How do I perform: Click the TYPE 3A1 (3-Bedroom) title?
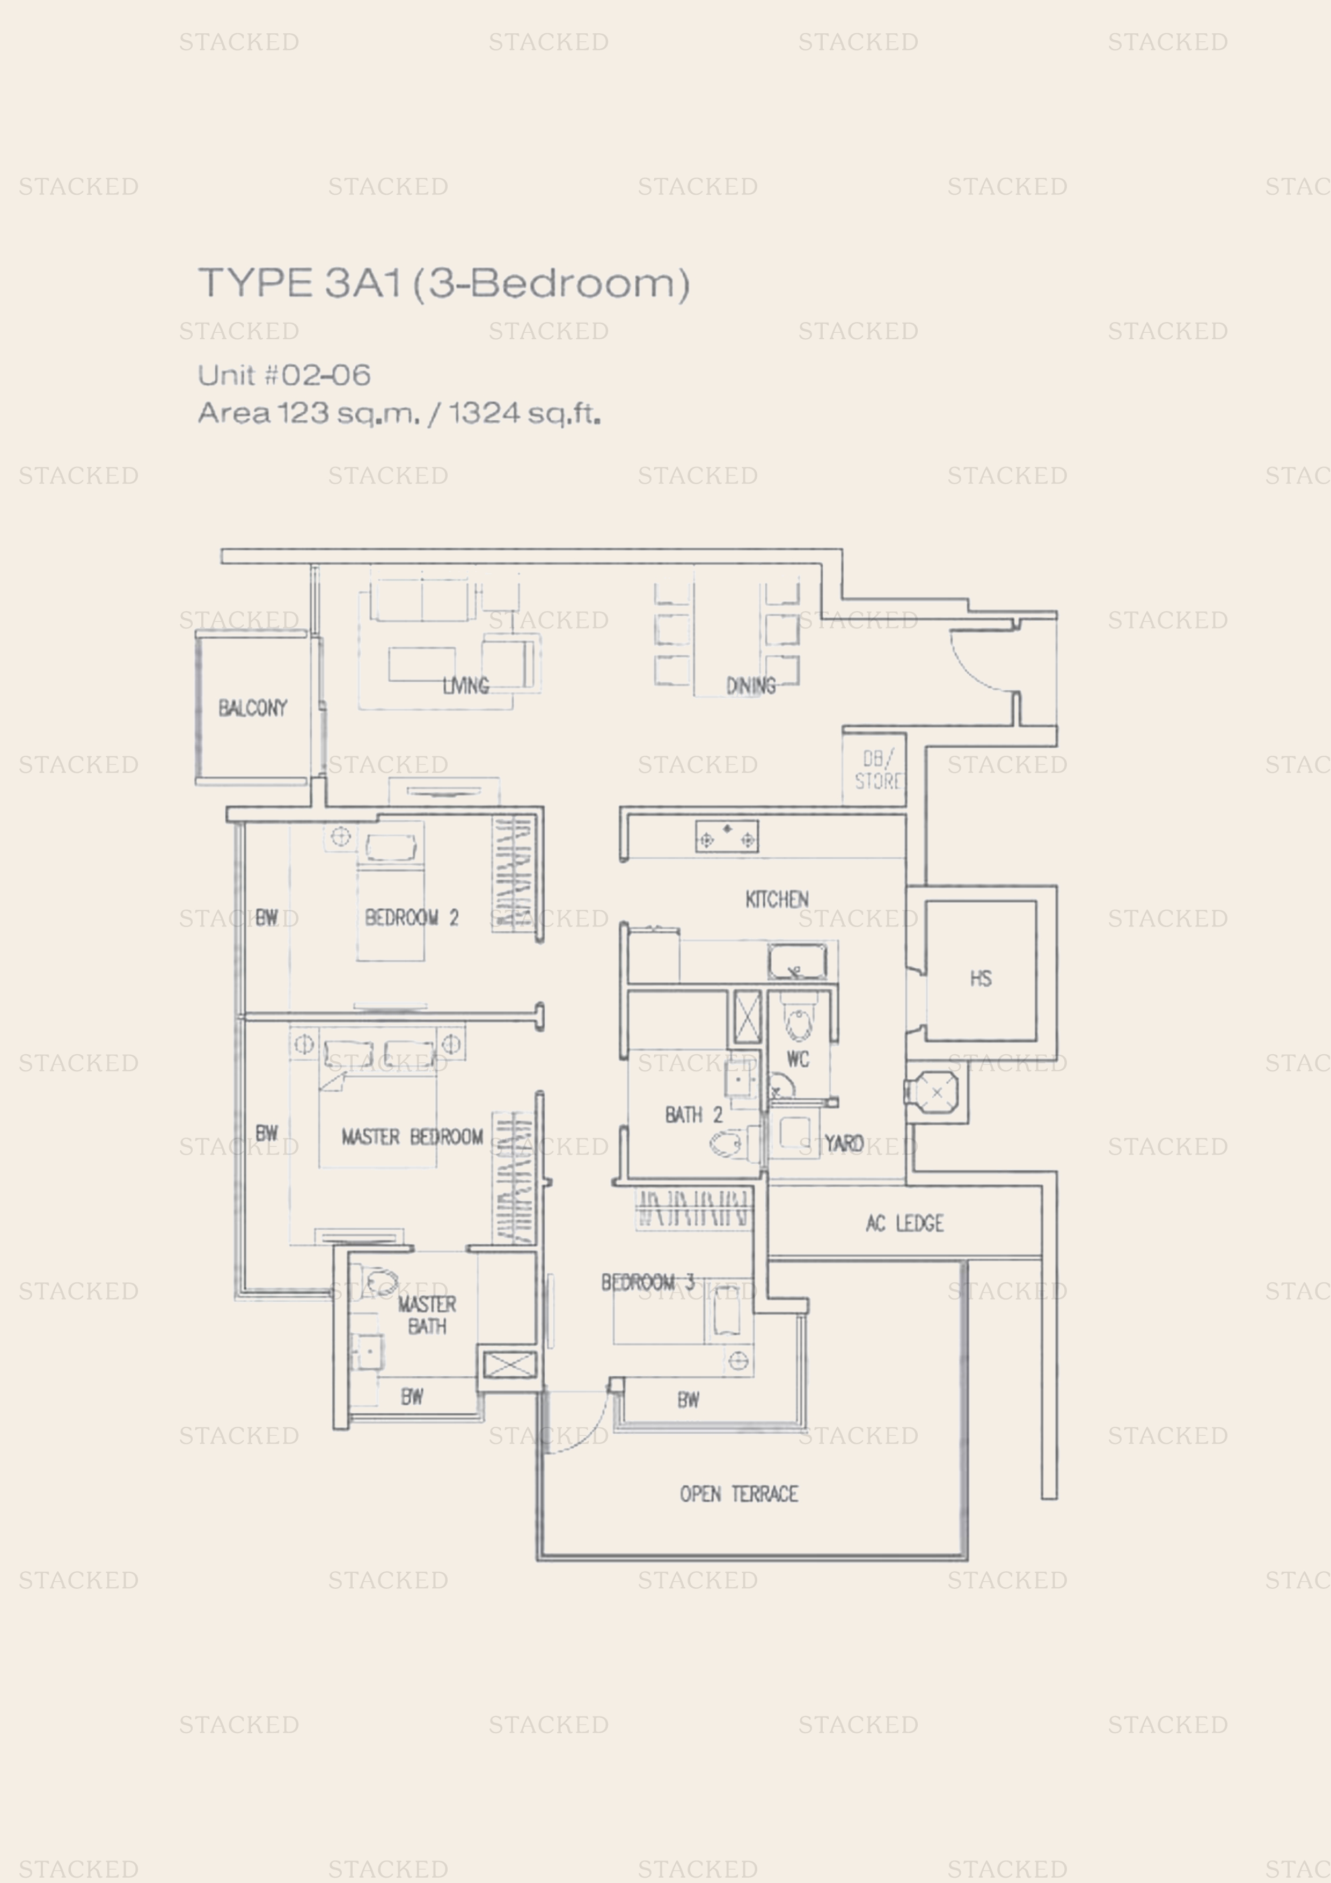[x=444, y=284]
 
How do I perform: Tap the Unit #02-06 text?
[x=284, y=376]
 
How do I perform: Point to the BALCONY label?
[x=253, y=708]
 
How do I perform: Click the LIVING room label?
[x=466, y=685]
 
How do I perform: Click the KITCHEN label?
[x=777, y=900]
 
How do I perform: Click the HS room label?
[x=981, y=979]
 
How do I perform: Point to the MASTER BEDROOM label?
[x=413, y=1137]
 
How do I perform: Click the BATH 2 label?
[x=694, y=1114]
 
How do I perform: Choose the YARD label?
[x=844, y=1143]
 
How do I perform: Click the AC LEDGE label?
[x=904, y=1224]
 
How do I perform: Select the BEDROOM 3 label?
[x=648, y=1282]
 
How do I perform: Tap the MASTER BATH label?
[x=427, y=1315]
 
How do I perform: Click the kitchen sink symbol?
[x=797, y=961]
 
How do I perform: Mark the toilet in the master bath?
[x=376, y=1281]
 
